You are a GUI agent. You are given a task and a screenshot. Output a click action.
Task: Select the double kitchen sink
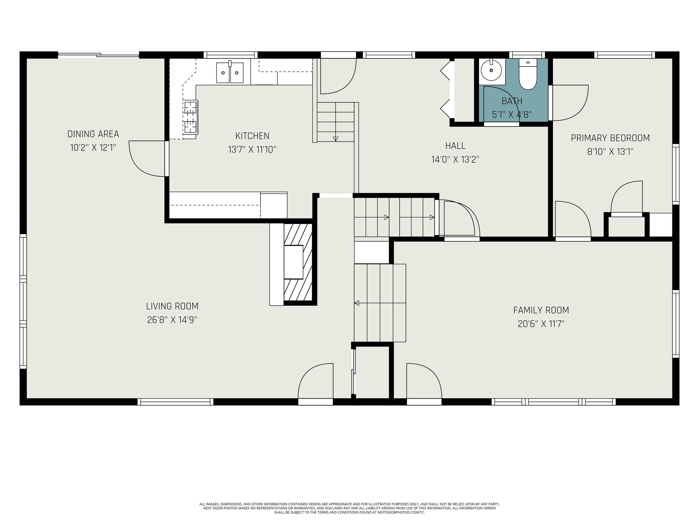[230, 73]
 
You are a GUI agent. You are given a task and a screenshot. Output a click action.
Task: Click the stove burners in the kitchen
[190, 117]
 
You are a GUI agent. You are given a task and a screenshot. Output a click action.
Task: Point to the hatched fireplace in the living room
[298, 262]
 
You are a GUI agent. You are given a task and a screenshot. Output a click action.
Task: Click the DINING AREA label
[93, 134]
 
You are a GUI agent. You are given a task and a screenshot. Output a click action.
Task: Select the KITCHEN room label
[252, 136]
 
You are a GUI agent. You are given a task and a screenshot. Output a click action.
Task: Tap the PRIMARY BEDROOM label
[610, 138]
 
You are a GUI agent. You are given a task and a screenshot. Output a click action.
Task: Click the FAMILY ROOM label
[541, 310]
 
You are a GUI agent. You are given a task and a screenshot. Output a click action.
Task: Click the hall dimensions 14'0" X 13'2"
[455, 159]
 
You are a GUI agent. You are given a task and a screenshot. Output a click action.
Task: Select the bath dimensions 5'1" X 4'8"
[512, 114]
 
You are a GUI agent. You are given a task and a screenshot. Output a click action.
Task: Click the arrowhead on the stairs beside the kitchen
[336, 139]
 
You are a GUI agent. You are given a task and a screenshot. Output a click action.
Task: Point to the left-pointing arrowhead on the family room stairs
[357, 303]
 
